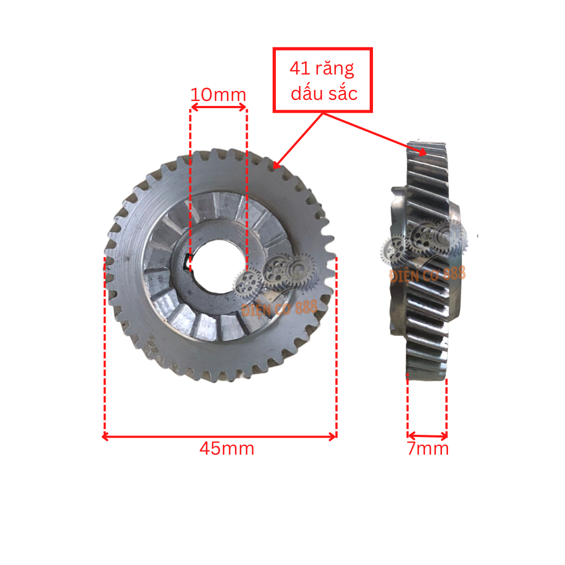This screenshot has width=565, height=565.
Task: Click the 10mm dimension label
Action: click(218, 95)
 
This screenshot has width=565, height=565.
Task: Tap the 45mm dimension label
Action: click(227, 449)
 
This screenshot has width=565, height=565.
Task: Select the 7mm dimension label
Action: click(428, 449)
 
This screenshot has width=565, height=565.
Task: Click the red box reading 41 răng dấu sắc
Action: click(323, 80)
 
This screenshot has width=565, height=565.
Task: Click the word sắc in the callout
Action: click(342, 93)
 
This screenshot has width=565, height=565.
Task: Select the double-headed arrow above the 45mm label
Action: click(219, 436)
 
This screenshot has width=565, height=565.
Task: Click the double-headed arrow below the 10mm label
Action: click(218, 109)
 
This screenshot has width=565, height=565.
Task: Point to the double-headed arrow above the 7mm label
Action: click(427, 436)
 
